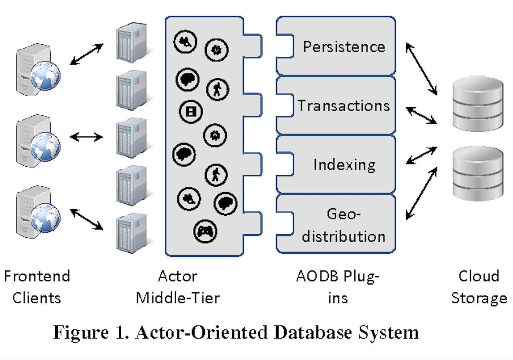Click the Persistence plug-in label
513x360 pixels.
(x=344, y=47)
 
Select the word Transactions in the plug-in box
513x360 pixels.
(x=343, y=106)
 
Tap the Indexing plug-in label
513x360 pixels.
(x=344, y=165)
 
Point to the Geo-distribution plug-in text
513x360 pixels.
(x=343, y=225)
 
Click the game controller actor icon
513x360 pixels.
(x=205, y=231)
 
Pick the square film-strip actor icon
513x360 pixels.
(x=191, y=111)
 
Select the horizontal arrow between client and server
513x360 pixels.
(x=86, y=137)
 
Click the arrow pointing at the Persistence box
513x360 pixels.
(x=421, y=69)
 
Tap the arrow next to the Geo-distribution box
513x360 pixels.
(x=421, y=193)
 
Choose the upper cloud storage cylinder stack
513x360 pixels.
(x=478, y=104)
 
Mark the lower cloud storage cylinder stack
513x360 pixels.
(x=478, y=174)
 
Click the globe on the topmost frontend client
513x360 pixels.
(x=45, y=76)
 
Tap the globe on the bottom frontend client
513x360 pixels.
(x=45, y=218)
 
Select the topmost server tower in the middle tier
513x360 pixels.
(x=132, y=42)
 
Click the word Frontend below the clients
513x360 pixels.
(x=37, y=276)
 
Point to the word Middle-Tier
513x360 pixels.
(x=178, y=298)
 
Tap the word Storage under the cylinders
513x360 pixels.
(x=479, y=298)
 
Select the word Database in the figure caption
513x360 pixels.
(x=313, y=333)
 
